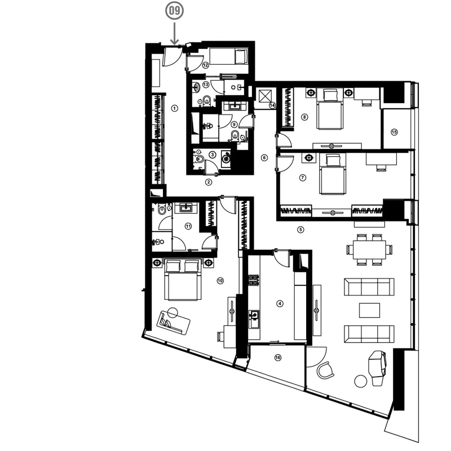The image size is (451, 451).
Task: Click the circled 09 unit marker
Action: pos(174,11)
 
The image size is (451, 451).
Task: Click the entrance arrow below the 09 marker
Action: pos(174,33)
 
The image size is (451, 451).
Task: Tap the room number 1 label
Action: pos(174,108)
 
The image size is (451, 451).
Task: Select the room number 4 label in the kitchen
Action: pos(280,303)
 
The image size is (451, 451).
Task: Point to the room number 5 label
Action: pos(300,229)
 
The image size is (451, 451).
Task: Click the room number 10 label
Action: pos(220,281)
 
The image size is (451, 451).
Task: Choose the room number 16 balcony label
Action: pos(277,357)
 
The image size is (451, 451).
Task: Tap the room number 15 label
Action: pos(394,132)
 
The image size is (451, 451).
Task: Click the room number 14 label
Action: pos(272,105)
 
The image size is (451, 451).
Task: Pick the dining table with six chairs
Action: pos(369,249)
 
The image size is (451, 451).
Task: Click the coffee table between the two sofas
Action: pos(369,311)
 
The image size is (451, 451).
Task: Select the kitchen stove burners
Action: pos(253,280)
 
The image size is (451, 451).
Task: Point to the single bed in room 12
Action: pos(229,56)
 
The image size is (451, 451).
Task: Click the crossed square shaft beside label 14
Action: pos(265,96)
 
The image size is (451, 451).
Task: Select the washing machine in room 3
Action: pos(226,158)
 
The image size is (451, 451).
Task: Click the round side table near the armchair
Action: pos(360,381)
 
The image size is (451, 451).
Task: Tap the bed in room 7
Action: pos(333,174)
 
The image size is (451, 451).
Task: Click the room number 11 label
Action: pos(188,227)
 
